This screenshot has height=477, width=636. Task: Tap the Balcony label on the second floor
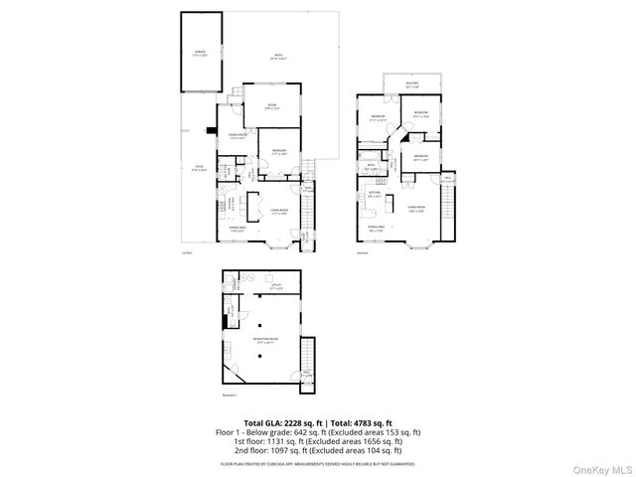click(x=411, y=83)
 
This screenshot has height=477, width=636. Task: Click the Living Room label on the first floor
click(x=279, y=211)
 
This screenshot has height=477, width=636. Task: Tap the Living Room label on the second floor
click(x=415, y=208)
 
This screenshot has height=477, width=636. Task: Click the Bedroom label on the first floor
click(x=279, y=152)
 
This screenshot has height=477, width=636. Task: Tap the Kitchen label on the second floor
click(x=375, y=195)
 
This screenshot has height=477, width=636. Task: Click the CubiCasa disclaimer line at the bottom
click(x=318, y=463)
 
